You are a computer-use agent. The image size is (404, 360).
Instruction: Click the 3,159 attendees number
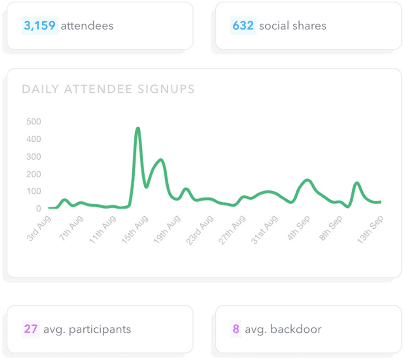(40, 26)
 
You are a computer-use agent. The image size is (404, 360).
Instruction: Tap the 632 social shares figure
(243, 26)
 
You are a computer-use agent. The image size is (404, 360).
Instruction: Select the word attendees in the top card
(87, 26)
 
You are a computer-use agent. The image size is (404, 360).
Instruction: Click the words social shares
(292, 26)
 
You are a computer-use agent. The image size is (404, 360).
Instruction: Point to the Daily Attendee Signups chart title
(108, 89)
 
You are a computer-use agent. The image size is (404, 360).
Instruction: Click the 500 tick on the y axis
(34, 122)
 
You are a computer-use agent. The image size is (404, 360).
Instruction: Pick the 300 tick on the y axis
(34, 157)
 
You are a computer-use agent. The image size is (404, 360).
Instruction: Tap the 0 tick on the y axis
(38, 209)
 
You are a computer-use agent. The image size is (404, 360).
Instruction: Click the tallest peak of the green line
(138, 128)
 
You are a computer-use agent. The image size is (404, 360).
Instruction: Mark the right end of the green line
(380, 202)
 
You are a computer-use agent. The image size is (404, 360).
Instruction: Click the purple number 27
(31, 328)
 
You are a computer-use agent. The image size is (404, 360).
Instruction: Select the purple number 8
(236, 328)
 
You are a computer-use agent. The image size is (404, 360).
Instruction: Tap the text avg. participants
(87, 329)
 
